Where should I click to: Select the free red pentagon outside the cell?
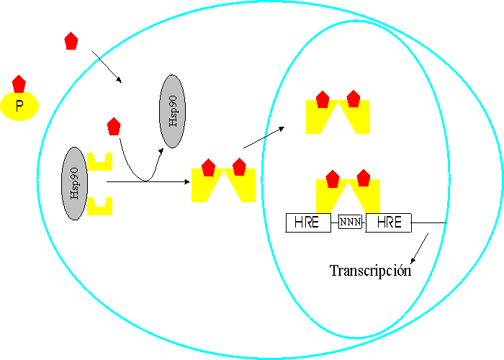[x=71, y=41]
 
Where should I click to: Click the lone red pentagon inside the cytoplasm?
[x=113, y=127]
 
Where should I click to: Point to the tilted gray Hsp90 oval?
[x=171, y=111]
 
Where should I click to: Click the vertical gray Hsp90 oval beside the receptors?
[x=74, y=184]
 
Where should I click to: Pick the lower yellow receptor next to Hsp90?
[x=99, y=205]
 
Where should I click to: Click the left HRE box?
[x=307, y=223]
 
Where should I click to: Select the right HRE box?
[x=389, y=223]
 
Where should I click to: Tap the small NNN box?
[x=349, y=223]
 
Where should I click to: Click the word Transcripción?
[x=370, y=271]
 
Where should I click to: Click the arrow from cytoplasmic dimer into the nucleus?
[x=264, y=138]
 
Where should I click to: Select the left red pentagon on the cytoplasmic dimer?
[x=209, y=168]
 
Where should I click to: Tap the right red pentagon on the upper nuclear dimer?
[x=353, y=99]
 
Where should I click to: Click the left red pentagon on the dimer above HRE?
[x=333, y=178]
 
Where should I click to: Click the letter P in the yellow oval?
[x=19, y=108]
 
